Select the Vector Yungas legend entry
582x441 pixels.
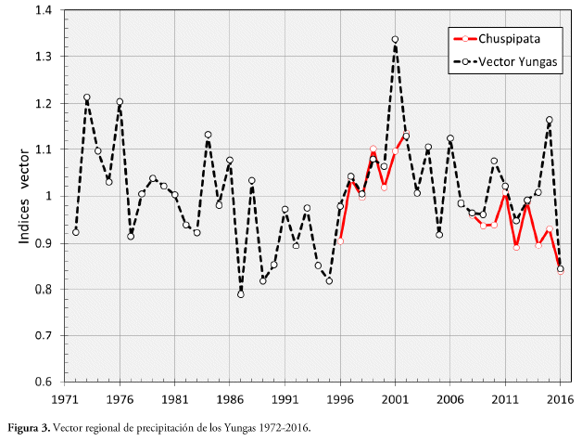[x=519, y=62]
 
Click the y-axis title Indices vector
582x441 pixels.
[x=25, y=196]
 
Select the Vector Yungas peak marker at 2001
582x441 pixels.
[x=395, y=40]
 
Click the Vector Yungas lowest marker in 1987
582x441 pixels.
[x=241, y=294]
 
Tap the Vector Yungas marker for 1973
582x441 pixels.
[x=86, y=97]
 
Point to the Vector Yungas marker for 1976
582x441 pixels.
[x=120, y=102]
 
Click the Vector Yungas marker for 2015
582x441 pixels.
[x=550, y=120]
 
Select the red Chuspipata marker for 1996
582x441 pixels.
[x=340, y=241]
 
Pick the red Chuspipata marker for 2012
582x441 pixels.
[x=516, y=247]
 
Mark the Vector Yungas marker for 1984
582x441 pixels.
[x=208, y=135]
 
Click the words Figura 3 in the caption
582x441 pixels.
[x=29, y=428]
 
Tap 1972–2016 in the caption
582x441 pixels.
[x=284, y=428]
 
